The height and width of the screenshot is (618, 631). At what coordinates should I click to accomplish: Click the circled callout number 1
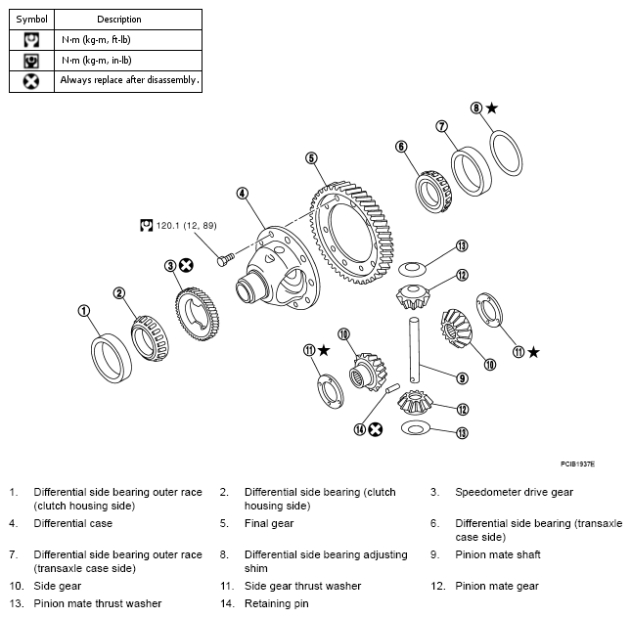[x=84, y=310]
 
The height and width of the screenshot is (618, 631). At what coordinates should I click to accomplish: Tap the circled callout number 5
[x=310, y=157]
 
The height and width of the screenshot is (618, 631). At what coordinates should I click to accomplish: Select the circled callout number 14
[x=361, y=428]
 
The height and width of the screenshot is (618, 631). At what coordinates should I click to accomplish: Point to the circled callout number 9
[x=462, y=378]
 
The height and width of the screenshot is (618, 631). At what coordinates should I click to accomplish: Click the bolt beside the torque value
[x=227, y=255]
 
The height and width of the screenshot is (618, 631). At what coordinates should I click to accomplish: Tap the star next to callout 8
[x=492, y=109]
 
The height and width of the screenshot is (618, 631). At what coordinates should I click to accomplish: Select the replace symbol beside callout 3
[x=186, y=265]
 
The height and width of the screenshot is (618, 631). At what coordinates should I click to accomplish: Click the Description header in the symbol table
[x=119, y=19]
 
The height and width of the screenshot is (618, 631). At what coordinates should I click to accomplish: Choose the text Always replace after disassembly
[x=129, y=80]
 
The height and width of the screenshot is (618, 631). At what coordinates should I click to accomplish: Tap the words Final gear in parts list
[x=269, y=523]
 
